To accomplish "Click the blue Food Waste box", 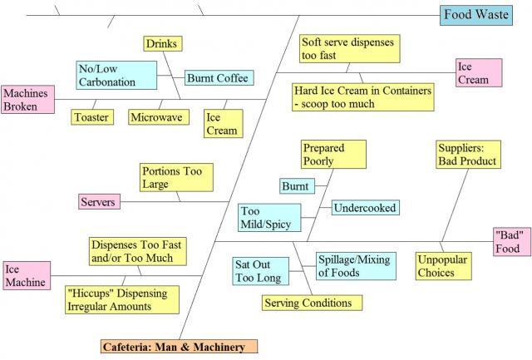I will [483, 14].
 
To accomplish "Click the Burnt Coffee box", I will [217, 78].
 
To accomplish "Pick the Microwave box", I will [155, 117].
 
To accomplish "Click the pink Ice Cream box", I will [478, 72].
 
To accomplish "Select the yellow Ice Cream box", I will [222, 124].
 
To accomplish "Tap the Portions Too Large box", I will [176, 176].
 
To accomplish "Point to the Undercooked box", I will [365, 207].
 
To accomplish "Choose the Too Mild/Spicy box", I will [267, 218].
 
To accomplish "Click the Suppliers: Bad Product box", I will [466, 155].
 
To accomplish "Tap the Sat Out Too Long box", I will [258, 271].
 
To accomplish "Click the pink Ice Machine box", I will [23, 276].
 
